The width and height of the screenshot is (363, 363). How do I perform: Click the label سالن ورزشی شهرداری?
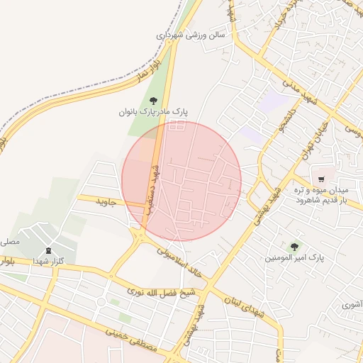click(x=190, y=34)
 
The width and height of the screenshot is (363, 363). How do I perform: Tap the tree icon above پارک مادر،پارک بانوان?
click(x=153, y=101)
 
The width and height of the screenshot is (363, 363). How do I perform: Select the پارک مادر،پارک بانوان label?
click(x=154, y=112)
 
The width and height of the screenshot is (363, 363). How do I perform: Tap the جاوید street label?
click(x=105, y=203)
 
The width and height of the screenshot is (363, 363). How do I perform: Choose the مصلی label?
click(x=9, y=242)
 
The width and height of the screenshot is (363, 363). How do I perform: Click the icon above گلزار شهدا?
click(x=48, y=250)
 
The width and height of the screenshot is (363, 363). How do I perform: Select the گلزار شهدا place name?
click(x=48, y=262)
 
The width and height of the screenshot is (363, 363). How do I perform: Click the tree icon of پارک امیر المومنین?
click(x=294, y=247)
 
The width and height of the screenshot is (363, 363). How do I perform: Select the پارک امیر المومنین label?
click(x=294, y=259)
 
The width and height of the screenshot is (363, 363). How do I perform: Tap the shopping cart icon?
click(x=322, y=179)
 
